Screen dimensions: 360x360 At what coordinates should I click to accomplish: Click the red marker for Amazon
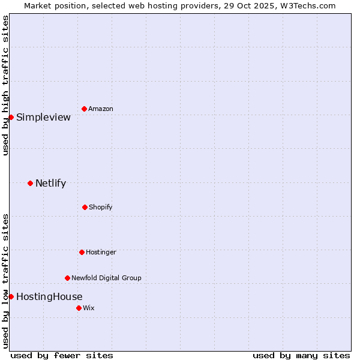(x=84, y=109)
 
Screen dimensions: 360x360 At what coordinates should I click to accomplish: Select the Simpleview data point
(x=11, y=117)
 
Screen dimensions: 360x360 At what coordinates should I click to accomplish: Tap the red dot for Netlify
(x=30, y=183)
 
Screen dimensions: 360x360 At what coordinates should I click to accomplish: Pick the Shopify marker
(x=85, y=207)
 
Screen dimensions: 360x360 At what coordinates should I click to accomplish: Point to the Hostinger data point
(x=82, y=252)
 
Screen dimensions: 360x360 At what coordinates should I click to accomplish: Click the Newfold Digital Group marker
(x=67, y=278)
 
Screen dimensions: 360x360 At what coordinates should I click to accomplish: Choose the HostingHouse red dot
(x=11, y=296)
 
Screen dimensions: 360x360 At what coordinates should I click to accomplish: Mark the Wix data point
(x=79, y=308)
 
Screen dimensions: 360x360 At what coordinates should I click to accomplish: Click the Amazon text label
(x=101, y=109)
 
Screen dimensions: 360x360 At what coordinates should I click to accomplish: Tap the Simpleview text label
(x=43, y=117)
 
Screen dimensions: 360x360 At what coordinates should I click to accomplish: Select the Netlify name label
(x=50, y=183)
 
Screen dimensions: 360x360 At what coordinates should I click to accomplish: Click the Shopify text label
(x=101, y=207)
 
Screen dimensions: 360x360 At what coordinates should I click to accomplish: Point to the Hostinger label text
(x=101, y=252)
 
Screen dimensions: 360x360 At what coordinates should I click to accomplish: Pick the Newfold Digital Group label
(x=106, y=278)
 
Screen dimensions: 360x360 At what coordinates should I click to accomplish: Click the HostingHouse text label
(x=49, y=296)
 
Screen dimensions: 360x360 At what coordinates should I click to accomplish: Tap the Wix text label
(x=89, y=308)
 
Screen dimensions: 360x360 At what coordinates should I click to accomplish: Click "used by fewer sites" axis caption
(x=62, y=355)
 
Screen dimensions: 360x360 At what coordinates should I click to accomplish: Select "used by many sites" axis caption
(x=301, y=355)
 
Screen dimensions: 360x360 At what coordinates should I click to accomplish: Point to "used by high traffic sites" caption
(x=5, y=85)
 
